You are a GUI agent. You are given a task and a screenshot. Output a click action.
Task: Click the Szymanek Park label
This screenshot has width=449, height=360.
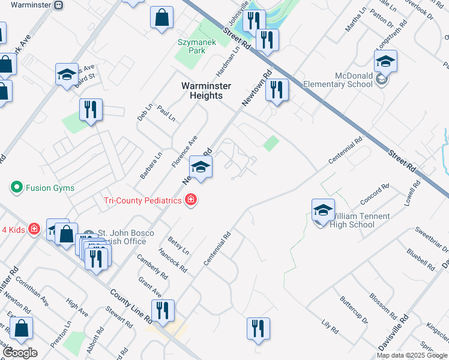pyautogui.click(x=192, y=46)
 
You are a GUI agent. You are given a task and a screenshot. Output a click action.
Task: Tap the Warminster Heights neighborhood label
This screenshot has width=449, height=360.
pyautogui.click(x=206, y=91)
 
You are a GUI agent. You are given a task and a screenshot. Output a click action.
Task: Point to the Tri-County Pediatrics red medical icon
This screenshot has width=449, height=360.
pyautogui.click(x=191, y=200)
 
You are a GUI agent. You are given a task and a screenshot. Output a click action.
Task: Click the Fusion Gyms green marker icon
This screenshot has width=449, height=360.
pyautogui.click(x=16, y=187)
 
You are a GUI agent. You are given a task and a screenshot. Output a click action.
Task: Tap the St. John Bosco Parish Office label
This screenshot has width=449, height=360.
pyautogui.click(x=122, y=237)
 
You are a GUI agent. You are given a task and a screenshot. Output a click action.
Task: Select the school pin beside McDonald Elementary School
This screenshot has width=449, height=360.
pyautogui.click(x=385, y=62)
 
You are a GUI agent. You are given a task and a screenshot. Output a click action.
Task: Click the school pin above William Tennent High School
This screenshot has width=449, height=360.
pyautogui.click(x=323, y=211)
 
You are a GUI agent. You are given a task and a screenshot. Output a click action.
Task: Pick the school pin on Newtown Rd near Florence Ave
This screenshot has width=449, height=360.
pyautogui.click(x=201, y=167)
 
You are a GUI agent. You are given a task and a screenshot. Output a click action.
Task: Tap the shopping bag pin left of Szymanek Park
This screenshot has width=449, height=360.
pyautogui.click(x=161, y=18)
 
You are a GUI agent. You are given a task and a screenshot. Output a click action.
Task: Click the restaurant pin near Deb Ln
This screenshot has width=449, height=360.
pyautogui.click(x=91, y=110)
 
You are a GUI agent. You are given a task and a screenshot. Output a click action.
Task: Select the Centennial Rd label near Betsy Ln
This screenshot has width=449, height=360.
pyautogui.click(x=217, y=249)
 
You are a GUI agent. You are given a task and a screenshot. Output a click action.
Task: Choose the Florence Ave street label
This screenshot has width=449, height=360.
pyautogui.click(x=184, y=151)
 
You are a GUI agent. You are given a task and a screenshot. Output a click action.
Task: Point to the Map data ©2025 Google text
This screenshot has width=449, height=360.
pyautogui.click(x=412, y=355)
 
